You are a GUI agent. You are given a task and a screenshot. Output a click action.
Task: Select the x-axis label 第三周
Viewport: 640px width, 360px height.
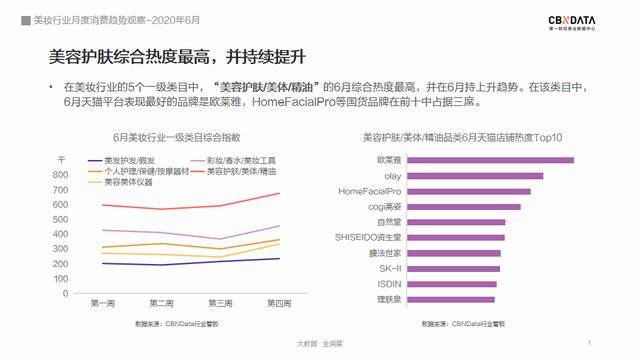(x=219, y=304)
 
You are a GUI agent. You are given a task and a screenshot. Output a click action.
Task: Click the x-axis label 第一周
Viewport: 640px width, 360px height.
(x=102, y=304)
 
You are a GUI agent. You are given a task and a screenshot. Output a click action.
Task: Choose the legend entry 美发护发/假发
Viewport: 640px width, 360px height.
(x=130, y=161)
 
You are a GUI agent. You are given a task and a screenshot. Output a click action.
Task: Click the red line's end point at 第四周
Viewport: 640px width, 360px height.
(x=279, y=193)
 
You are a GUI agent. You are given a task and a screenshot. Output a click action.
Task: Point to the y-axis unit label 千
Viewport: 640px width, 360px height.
(x=61, y=160)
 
